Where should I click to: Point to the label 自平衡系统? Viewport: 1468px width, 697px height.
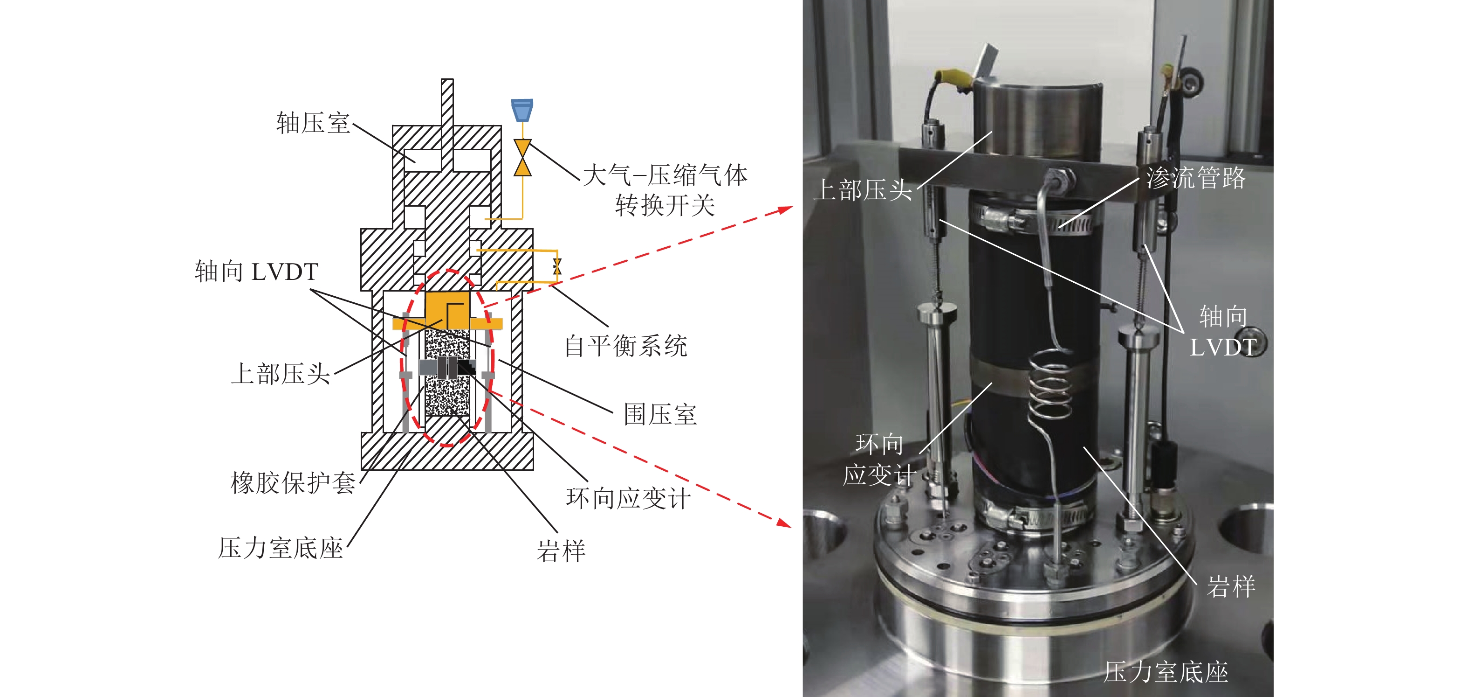pos(626,346)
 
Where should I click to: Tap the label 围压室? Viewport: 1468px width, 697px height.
pos(660,414)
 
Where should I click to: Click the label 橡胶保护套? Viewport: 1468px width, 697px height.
pos(293,482)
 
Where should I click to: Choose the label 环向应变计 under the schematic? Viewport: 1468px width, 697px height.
pos(629,498)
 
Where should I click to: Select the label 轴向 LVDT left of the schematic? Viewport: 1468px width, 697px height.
pos(256,272)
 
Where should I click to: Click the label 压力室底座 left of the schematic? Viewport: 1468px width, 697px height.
pos(281,548)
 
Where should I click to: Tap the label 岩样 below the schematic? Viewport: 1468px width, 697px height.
pos(561,551)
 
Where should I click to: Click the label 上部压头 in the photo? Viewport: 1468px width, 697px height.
pos(863,190)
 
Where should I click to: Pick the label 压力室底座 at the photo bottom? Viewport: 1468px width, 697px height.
pos(1166,672)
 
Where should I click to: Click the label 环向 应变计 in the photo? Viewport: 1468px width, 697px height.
pos(880,459)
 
